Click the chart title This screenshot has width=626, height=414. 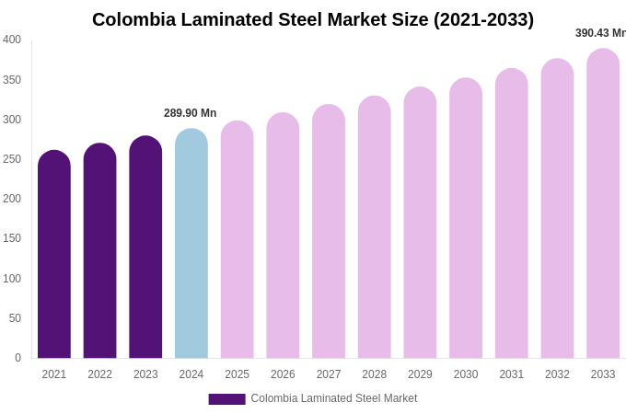[x=313, y=19]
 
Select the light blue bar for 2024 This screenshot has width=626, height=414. [x=191, y=244]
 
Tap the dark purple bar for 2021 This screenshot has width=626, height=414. [x=54, y=255]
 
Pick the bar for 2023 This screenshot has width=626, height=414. [x=145, y=247]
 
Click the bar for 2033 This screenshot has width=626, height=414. [x=603, y=203]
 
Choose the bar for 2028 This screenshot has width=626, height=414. [x=375, y=227]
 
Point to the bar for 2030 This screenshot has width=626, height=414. [x=466, y=218]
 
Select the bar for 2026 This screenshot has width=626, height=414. [x=283, y=236]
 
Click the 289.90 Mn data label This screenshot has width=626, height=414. [x=191, y=113]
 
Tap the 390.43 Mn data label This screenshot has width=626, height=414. [x=600, y=33]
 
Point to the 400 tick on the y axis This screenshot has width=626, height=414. [x=12, y=40]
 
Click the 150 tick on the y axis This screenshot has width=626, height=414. [x=12, y=238]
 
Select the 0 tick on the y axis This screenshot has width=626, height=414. [x=17, y=358]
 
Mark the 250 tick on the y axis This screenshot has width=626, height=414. [x=12, y=159]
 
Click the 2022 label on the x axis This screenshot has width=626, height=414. [x=99, y=374]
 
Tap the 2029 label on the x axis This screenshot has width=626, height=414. [x=420, y=374]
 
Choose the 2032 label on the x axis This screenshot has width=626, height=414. [x=557, y=374]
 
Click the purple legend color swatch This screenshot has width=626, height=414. [x=226, y=399]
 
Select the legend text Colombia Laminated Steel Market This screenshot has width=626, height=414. [x=334, y=398]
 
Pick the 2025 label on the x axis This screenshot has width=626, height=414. [x=237, y=374]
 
